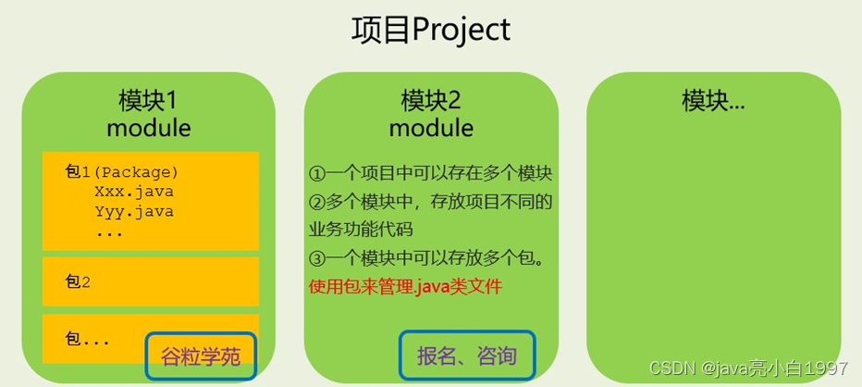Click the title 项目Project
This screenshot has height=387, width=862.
click(430, 30)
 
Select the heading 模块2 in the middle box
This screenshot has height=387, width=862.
click(430, 99)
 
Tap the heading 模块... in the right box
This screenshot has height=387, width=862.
click(713, 100)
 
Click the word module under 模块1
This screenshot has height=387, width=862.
click(148, 127)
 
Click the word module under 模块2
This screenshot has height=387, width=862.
click(430, 127)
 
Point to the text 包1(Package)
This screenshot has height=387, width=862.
click(121, 172)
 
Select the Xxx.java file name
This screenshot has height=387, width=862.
click(133, 192)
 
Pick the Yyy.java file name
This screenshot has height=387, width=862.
click(133, 211)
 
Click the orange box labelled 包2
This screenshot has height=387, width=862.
click(151, 282)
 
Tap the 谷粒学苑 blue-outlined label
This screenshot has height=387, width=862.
click(200, 356)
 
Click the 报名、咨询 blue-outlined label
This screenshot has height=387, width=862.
click(467, 356)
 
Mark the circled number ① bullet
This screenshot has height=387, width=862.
click(317, 174)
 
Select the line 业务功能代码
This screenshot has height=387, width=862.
click(360, 229)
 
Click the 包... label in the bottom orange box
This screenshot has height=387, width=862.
click(88, 339)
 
